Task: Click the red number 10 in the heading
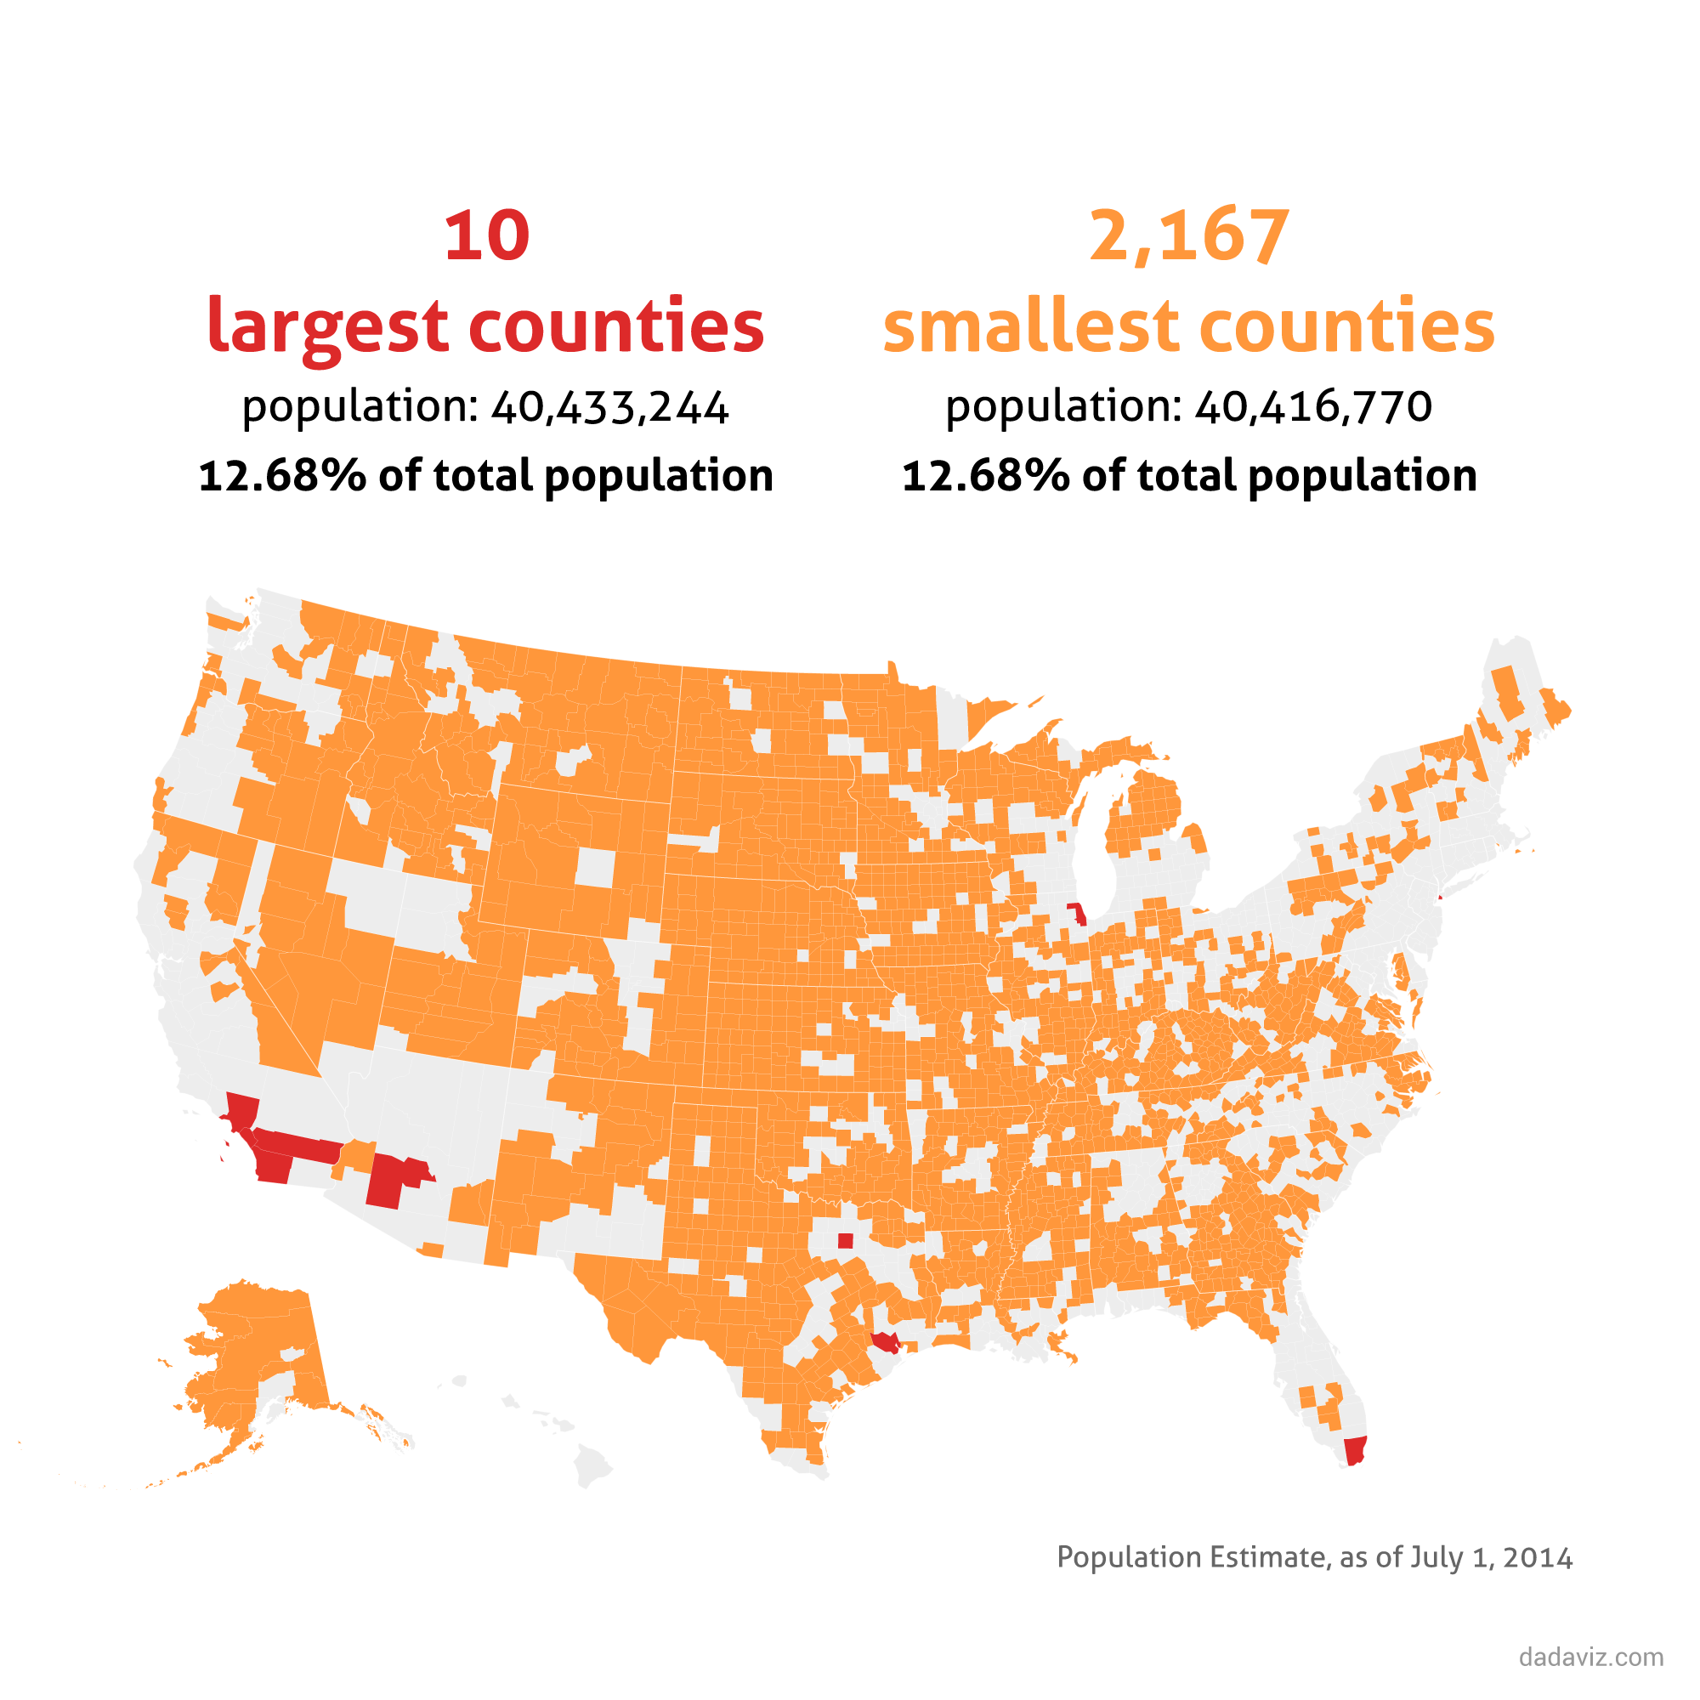[486, 236]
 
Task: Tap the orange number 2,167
[1189, 236]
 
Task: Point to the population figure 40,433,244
[609, 406]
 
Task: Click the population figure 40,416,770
[1313, 406]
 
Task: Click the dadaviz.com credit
[1591, 1657]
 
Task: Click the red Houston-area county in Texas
[885, 1342]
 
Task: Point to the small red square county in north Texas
[846, 1241]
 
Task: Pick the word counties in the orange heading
[1346, 326]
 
